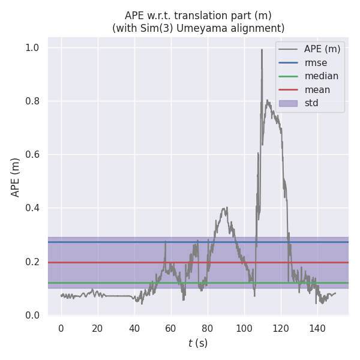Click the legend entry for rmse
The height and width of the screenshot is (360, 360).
315,63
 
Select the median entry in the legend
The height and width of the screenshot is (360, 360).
321,76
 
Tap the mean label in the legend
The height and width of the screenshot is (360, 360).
317,90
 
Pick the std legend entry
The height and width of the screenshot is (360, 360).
311,103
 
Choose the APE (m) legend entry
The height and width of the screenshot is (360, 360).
322,49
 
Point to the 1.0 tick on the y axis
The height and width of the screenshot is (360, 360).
36,47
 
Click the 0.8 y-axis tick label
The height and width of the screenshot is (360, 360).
36,101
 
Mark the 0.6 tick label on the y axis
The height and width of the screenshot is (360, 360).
36,155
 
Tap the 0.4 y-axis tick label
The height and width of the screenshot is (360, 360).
36,208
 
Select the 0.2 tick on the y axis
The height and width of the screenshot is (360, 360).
36,262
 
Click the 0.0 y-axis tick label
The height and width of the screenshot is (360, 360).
36,316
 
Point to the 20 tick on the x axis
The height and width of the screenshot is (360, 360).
97,328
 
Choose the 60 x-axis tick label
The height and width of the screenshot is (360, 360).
171,328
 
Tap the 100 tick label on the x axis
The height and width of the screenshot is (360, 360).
244,328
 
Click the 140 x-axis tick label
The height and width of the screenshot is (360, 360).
317,328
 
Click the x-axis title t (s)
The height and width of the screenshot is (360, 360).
198,343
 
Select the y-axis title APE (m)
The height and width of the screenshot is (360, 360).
16,177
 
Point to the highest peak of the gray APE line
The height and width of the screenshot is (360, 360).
262,50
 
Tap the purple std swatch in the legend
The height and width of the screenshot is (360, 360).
288,103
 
